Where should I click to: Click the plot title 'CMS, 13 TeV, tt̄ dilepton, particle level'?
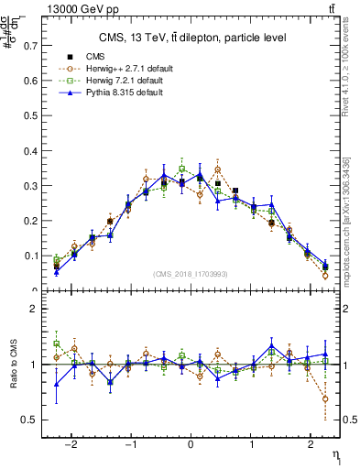(x=191, y=38)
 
